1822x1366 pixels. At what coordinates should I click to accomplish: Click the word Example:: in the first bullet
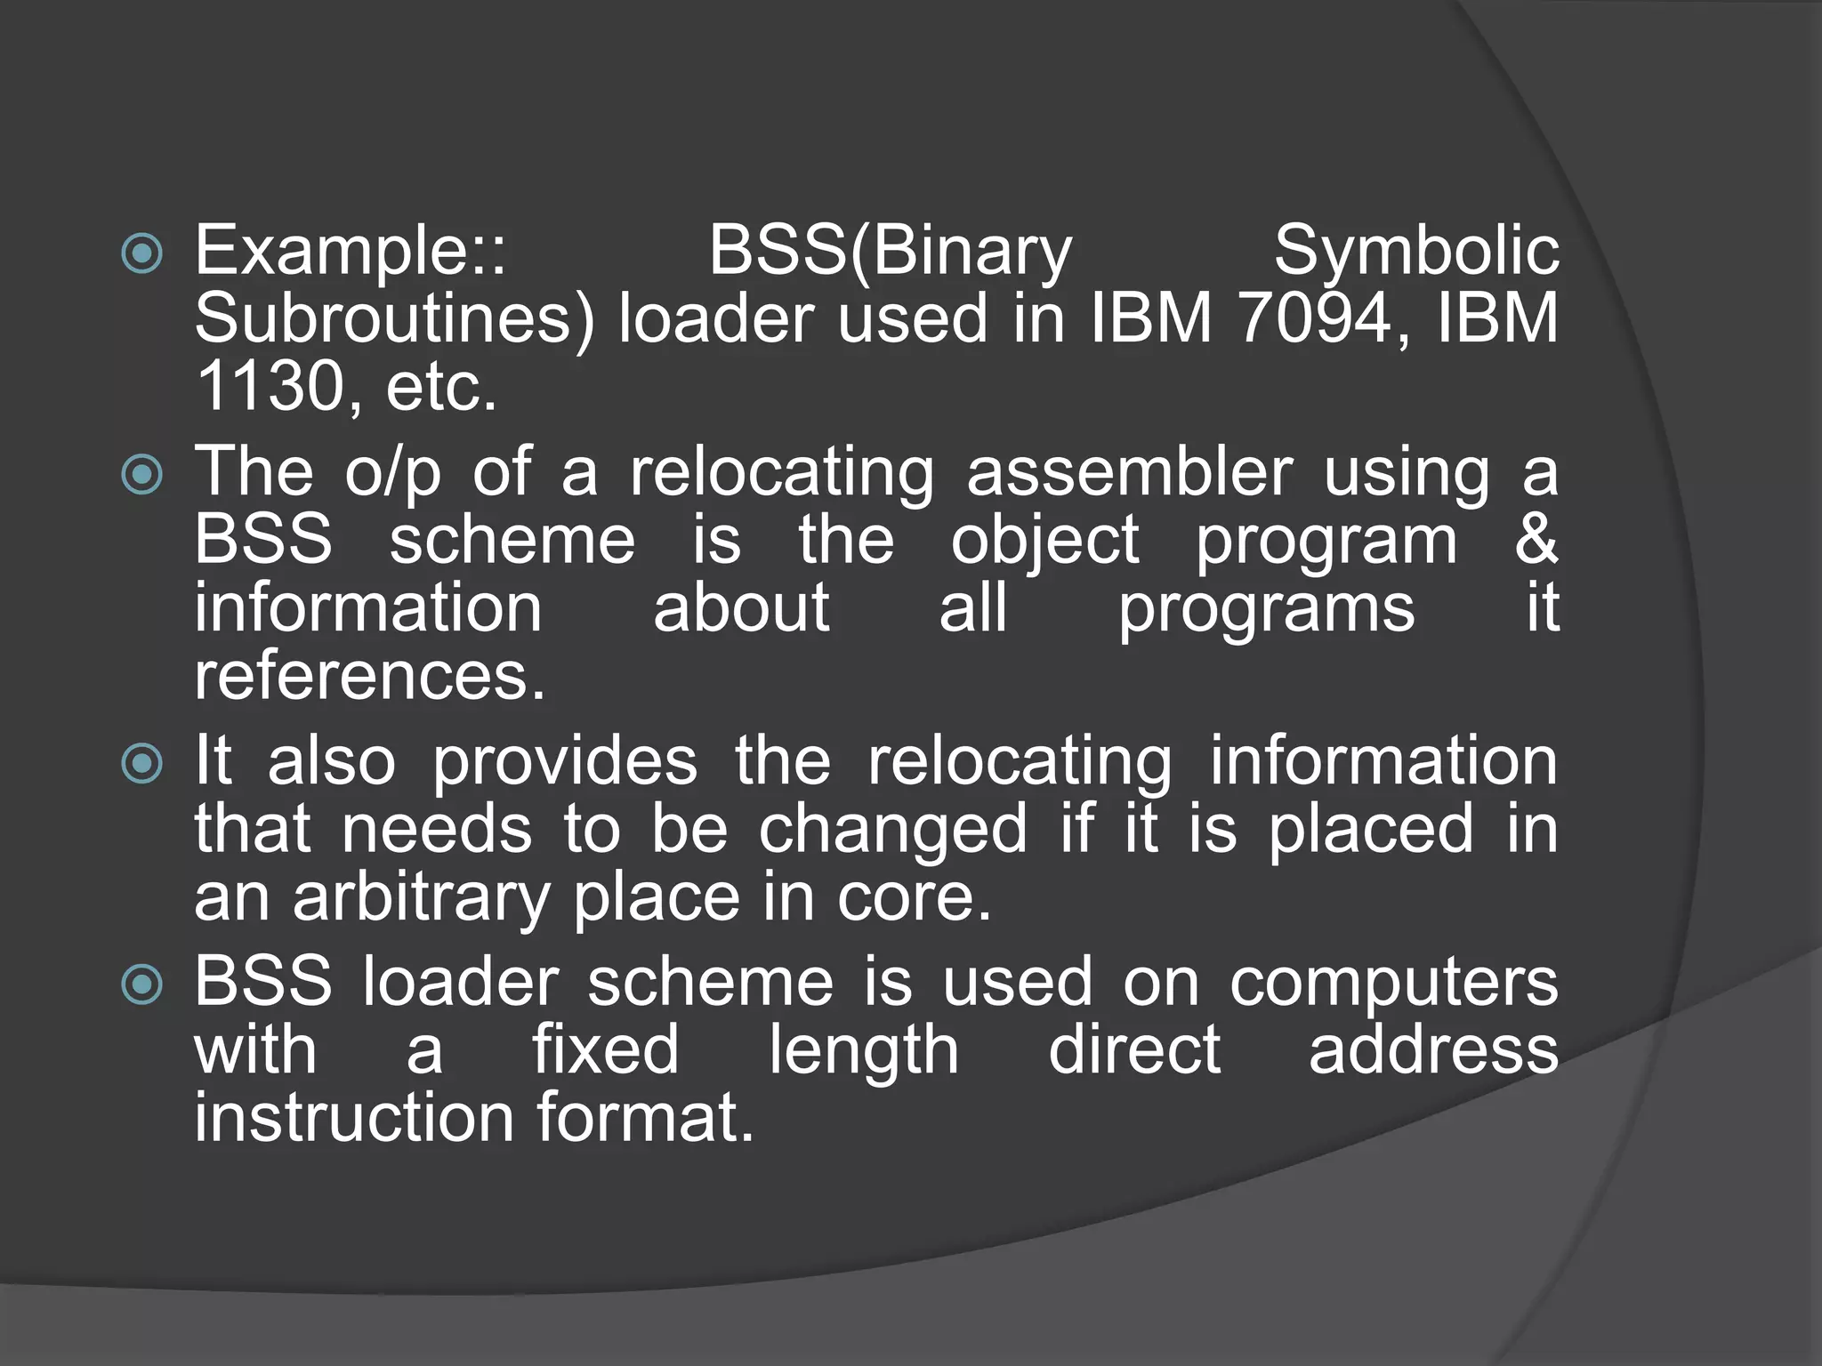point(350,252)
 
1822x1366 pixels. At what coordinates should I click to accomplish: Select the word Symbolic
point(1415,252)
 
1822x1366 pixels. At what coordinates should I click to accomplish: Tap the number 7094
point(1313,318)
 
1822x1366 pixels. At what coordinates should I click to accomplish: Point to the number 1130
point(270,387)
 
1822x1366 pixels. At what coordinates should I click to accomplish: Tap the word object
point(1044,541)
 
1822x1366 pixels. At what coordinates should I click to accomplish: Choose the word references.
point(369,676)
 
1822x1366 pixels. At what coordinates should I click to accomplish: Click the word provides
point(565,762)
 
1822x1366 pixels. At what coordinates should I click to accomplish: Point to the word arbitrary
point(422,898)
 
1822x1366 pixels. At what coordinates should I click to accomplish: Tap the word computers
point(1393,984)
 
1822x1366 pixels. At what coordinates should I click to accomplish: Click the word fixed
point(605,1050)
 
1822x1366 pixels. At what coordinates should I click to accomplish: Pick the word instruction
point(354,1118)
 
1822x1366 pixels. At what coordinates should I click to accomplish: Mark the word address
point(1433,1050)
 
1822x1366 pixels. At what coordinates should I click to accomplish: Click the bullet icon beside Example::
point(142,253)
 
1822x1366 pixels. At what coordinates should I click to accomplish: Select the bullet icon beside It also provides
point(142,763)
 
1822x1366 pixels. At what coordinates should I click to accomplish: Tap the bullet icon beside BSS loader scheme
point(142,984)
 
